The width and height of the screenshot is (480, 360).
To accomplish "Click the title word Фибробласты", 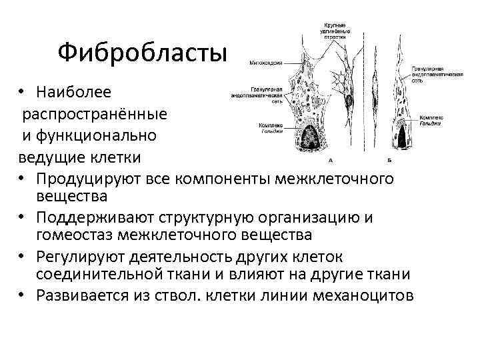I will coord(142,51).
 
